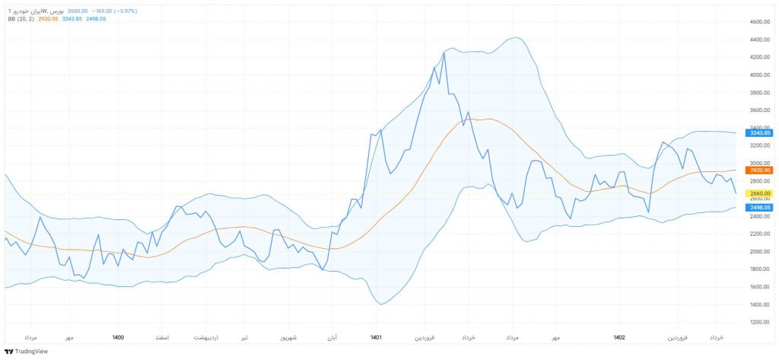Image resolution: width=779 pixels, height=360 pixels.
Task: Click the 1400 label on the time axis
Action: coord(118,336)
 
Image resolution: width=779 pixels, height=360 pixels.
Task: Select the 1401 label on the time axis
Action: coord(376,336)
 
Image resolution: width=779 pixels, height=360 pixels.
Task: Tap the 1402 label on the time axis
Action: coord(618,336)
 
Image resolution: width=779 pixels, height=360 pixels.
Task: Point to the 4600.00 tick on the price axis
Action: coord(760,22)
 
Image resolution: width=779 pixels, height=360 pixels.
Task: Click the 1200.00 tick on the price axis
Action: coord(760,322)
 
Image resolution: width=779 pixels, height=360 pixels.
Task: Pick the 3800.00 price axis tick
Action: coord(760,93)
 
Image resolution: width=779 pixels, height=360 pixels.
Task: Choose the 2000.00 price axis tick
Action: coord(760,252)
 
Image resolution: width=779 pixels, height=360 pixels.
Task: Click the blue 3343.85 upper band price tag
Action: coord(760,133)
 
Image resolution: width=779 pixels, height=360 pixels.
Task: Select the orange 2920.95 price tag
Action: coord(760,170)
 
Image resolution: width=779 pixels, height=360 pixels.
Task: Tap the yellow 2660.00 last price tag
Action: coord(760,193)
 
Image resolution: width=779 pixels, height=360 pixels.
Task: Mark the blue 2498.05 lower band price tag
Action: coord(760,208)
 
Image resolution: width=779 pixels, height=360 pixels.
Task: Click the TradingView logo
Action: coord(26,351)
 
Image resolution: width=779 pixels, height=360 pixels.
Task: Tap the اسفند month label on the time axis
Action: coord(161,336)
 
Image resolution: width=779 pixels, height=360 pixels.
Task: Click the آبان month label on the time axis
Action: coord(332,336)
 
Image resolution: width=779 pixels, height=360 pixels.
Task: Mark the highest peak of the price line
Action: coord(444,53)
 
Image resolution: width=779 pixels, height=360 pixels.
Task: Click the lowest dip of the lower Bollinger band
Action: coord(380,304)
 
